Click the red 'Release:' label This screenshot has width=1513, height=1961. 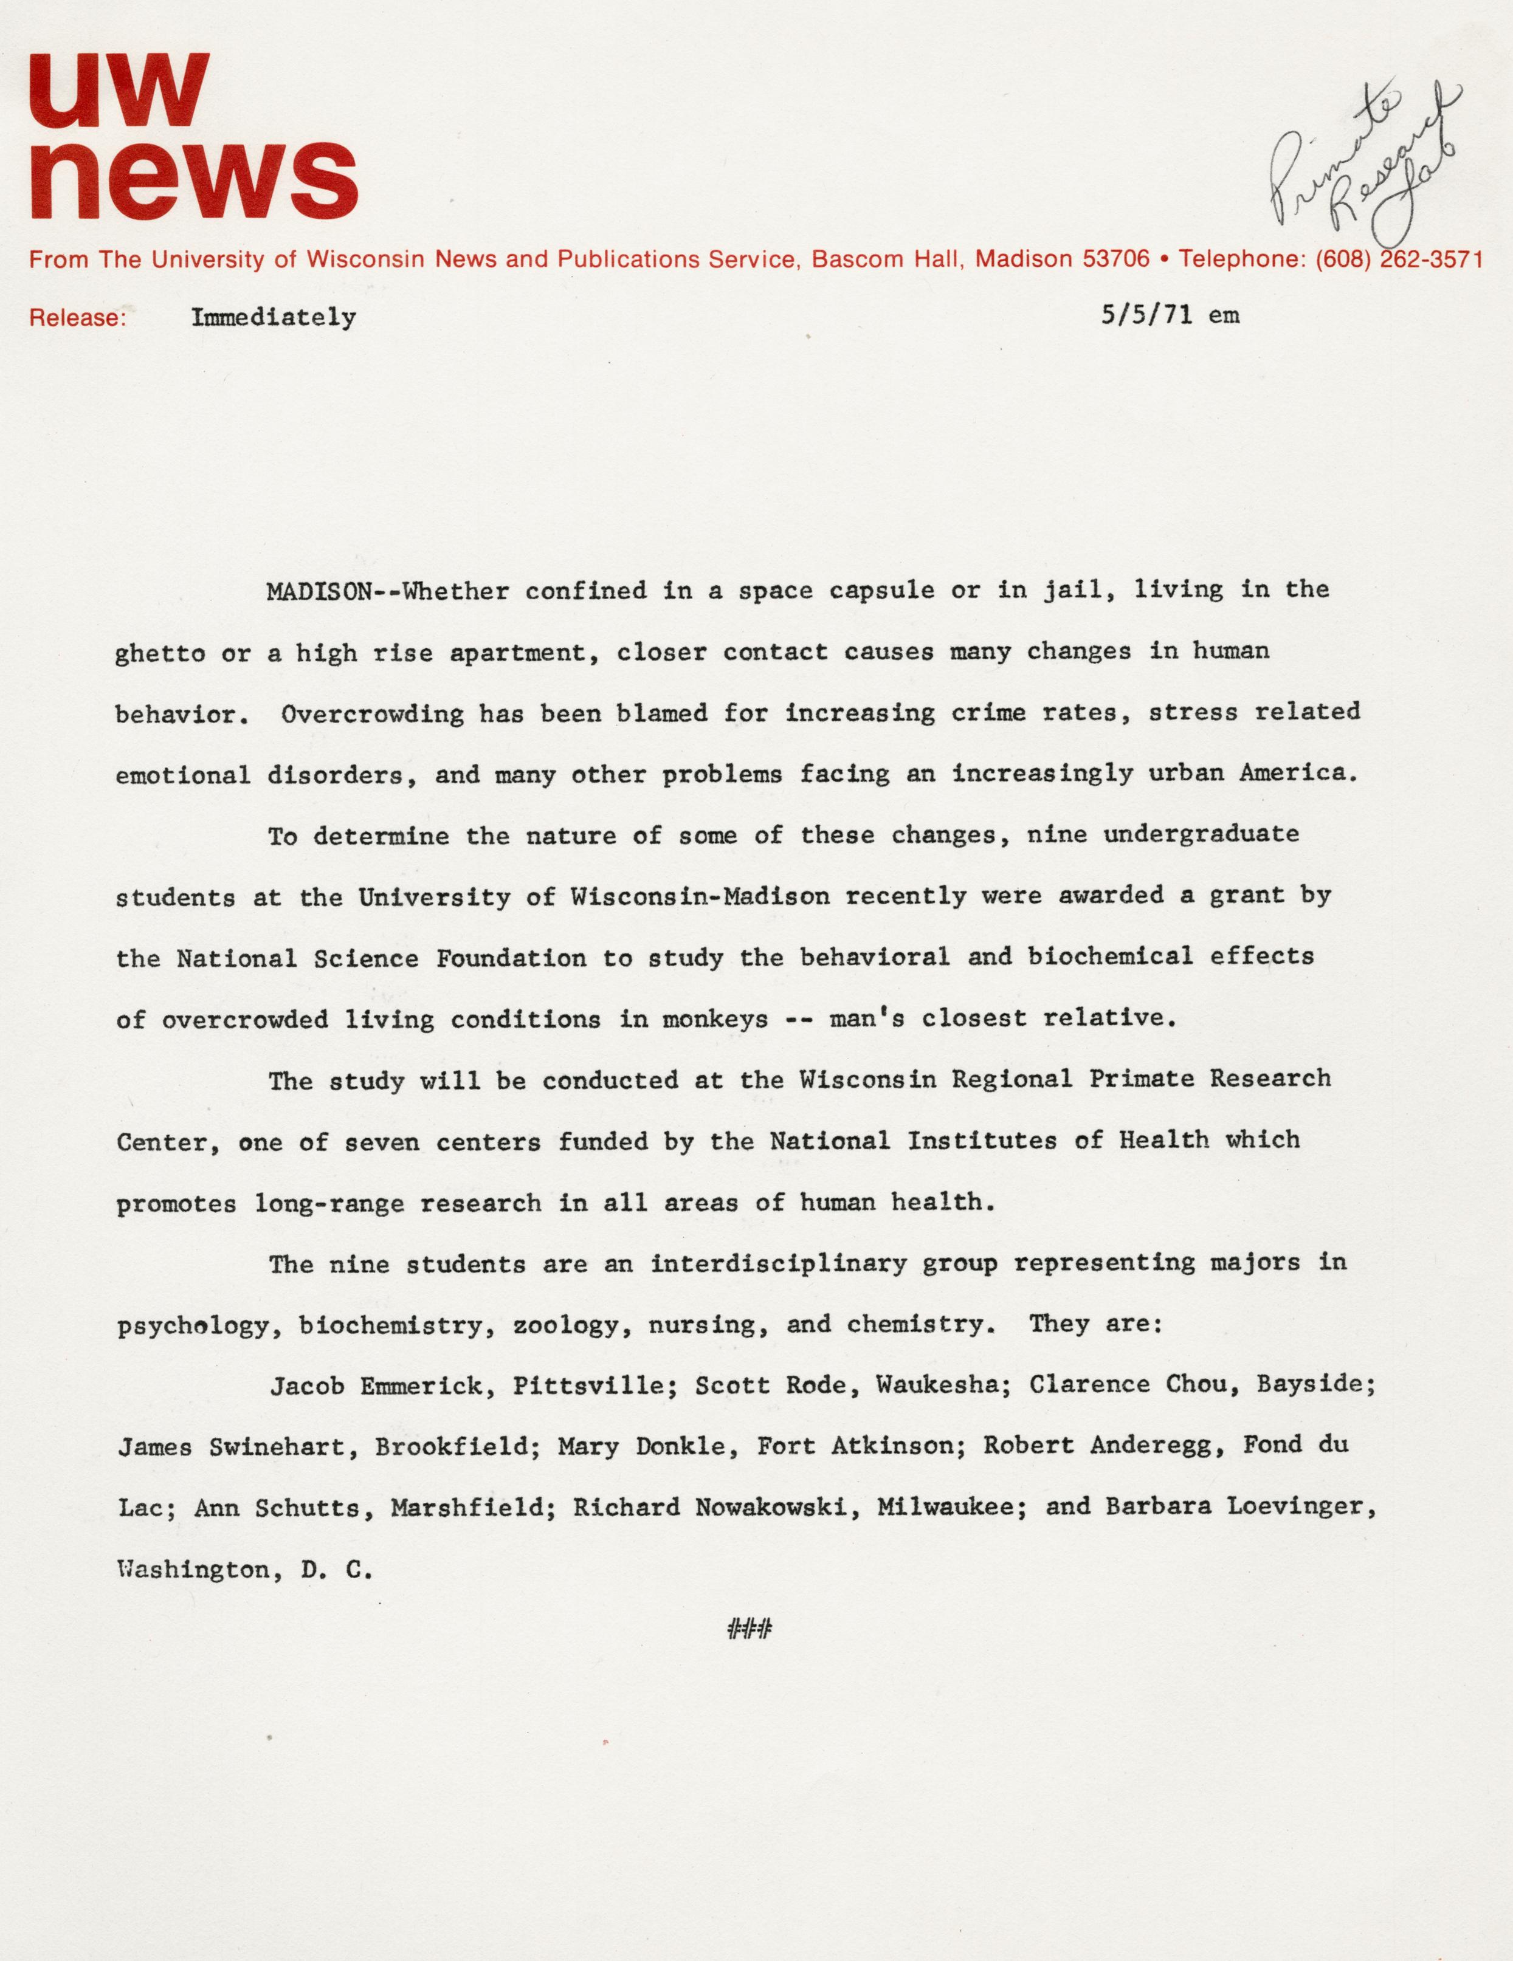click(x=77, y=318)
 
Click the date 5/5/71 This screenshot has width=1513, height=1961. click(x=1146, y=315)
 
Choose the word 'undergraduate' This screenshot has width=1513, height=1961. click(x=1201, y=834)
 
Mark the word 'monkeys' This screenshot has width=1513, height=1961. click(x=715, y=1019)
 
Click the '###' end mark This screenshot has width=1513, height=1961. click(x=750, y=1629)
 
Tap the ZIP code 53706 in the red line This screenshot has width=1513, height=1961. click(x=1116, y=260)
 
